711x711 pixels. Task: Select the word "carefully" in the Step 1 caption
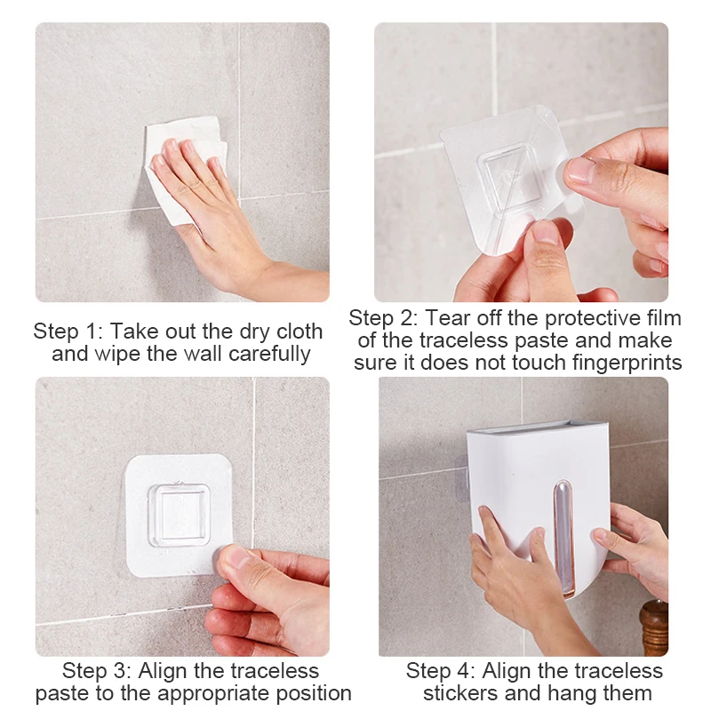click(x=269, y=354)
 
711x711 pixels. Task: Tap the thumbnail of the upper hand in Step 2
click(x=580, y=169)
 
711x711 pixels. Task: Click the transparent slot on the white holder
click(x=563, y=538)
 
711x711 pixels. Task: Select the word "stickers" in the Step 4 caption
click(x=460, y=694)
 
